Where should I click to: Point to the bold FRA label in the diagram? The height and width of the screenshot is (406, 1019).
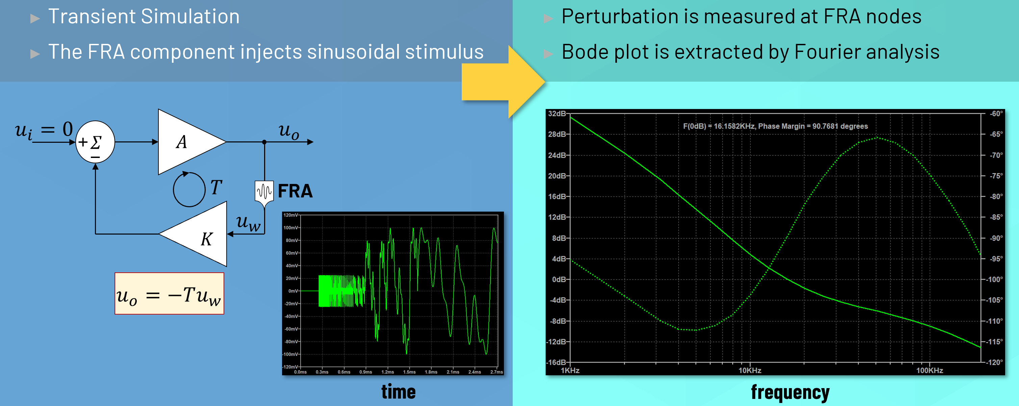click(295, 191)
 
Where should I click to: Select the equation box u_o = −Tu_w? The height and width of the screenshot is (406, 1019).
click(169, 294)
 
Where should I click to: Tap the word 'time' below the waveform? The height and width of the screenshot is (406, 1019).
click(398, 392)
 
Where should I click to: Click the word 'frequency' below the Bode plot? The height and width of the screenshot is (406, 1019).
click(790, 392)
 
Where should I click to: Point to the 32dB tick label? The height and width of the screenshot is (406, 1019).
click(557, 114)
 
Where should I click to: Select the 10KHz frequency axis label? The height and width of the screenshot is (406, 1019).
click(749, 371)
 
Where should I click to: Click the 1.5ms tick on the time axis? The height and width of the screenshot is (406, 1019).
click(409, 372)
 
